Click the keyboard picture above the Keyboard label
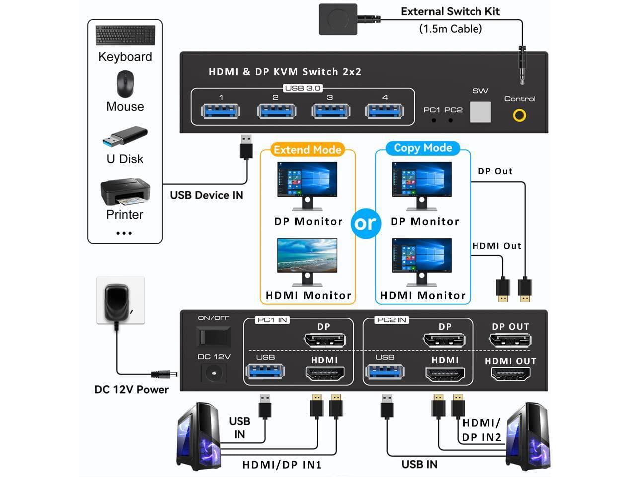pos(125,36)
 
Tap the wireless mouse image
pos(125,83)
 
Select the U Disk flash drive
pos(125,137)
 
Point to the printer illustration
pos(125,192)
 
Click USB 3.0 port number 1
pos(221,111)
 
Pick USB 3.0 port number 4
pos(384,111)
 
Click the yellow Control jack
pos(520,116)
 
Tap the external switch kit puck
pos(338,19)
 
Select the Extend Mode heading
pos(308,150)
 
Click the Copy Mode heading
pos(423,148)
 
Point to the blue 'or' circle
pos(366,223)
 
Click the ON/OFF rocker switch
pos(214,337)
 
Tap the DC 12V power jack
pos(214,373)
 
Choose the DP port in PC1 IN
pos(324,340)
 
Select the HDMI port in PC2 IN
pos(445,374)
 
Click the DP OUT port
pos(510,340)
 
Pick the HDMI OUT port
pos(511,374)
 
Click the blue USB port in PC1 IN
pos(265,372)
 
